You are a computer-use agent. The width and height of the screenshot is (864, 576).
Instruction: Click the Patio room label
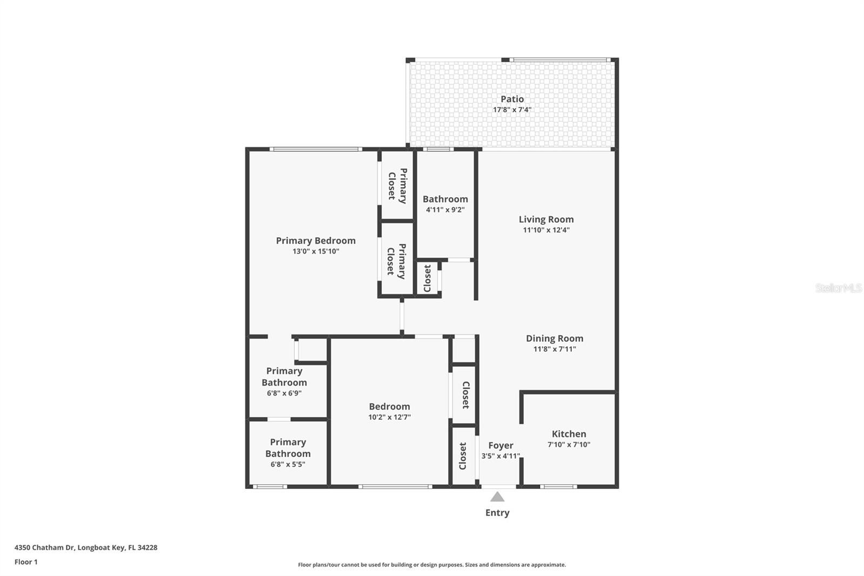point(512,99)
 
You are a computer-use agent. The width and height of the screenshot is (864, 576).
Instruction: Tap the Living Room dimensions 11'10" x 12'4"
point(546,230)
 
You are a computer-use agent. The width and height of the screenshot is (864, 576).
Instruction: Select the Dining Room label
point(555,339)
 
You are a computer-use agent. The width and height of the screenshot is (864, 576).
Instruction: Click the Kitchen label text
point(569,434)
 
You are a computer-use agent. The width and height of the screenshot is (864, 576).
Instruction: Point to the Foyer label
point(501,446)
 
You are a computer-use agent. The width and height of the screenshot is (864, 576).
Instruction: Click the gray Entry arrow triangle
point(497,497)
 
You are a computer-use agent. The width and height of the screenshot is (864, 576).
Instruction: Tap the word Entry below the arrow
point(497,513)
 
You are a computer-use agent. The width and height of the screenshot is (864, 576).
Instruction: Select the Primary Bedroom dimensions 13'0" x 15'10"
point(316,251)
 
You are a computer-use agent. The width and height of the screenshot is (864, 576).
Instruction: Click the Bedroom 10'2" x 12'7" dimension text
point(389,417)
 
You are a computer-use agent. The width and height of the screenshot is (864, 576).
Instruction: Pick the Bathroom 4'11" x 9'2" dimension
point(445,210)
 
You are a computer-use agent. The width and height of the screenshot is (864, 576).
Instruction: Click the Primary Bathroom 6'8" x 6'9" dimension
point(284,393)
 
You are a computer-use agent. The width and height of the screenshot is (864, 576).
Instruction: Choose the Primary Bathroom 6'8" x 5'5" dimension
point(288,464)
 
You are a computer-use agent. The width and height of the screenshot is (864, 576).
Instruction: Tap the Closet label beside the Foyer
point(463,456)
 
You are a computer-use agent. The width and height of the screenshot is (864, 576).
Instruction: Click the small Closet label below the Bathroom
point(427,278)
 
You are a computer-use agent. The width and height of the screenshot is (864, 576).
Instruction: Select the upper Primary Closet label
point(397,186)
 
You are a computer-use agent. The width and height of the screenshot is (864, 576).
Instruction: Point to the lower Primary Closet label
point(396,262)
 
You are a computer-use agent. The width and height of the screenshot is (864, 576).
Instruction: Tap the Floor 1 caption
point(26,562)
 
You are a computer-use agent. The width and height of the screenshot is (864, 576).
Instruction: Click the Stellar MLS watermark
point(839,287)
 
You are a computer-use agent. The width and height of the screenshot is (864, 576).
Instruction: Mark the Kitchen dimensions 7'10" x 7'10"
point(569,444)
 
